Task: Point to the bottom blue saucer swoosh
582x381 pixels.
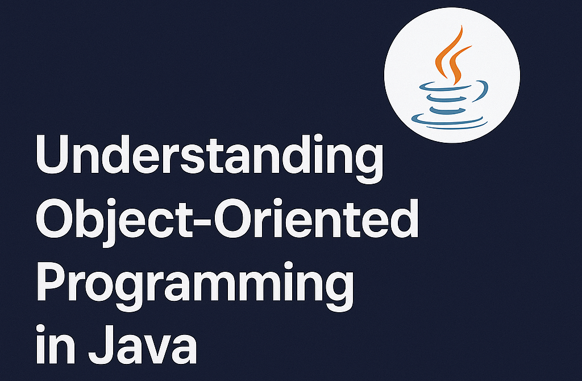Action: pos(449,121)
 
